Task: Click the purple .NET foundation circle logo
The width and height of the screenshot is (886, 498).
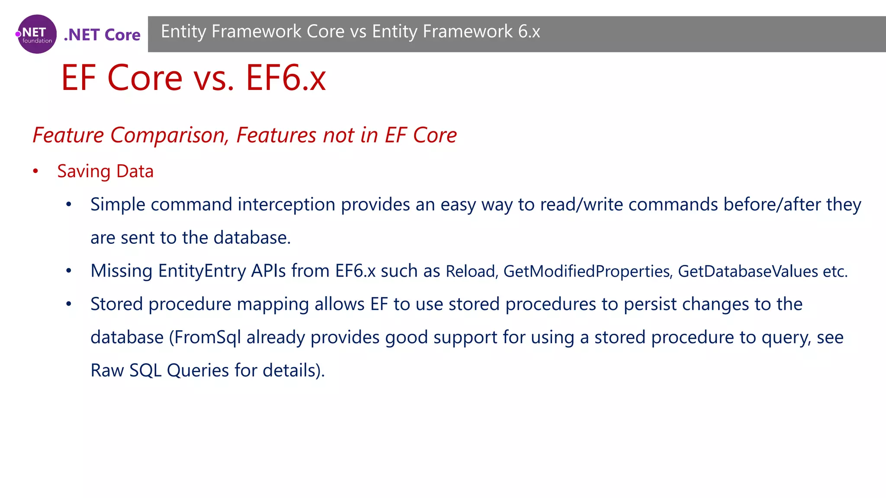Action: [x=37, y=34]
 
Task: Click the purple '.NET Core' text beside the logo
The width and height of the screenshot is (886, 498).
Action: [x=102, y=35]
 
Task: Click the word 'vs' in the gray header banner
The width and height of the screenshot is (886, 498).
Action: [x=358, y=32]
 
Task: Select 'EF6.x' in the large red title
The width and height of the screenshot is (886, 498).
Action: [x=286, y=78]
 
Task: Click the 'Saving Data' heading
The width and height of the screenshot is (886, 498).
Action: [x=105, y=171]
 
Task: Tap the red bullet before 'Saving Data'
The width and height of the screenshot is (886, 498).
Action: [x=35, y=172]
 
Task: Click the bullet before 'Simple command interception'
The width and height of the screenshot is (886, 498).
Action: [x=69, y=205]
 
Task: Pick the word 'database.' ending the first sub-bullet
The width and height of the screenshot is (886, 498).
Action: [x=252, y=238]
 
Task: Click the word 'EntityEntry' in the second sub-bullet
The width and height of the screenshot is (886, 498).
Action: [x=202, y=271]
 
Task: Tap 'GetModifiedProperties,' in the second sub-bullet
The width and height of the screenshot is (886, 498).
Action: [x=588, y=271]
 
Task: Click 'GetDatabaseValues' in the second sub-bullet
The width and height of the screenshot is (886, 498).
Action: [x=748, y=271]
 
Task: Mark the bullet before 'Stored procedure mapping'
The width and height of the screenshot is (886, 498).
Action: [x=69, y=304]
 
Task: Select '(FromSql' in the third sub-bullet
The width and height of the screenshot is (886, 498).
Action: [x=205, y=338]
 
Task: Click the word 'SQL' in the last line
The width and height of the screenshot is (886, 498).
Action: [x=145, y=370]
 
